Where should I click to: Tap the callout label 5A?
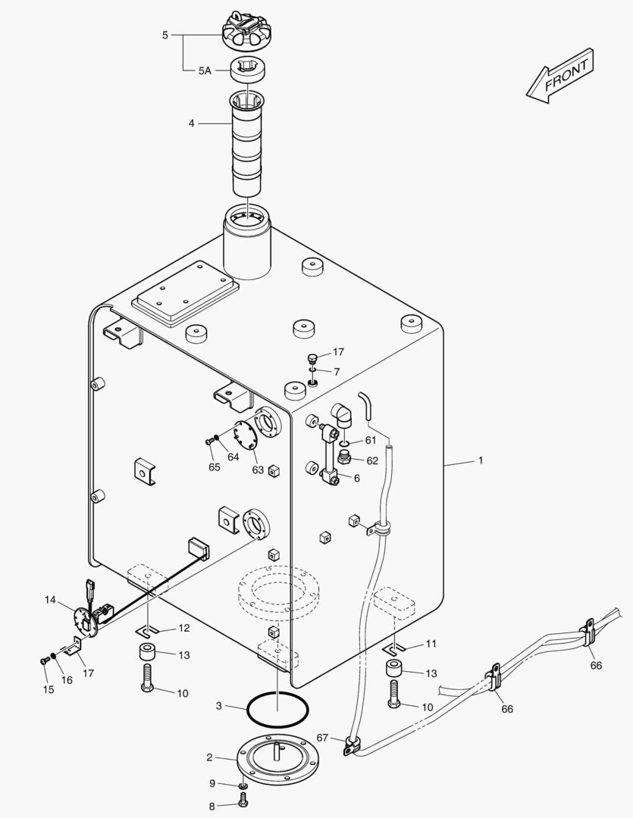(205, 70)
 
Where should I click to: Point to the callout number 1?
(479, 461)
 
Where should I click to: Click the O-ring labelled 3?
(277, 710)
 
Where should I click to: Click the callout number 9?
(212, 783)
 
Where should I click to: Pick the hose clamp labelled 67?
(350, 744)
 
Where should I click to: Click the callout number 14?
(50, 600)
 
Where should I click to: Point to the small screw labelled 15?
(44, 660)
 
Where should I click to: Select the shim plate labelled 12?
(149, 630)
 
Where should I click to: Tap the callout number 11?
(431, 644)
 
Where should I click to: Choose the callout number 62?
(371, 461)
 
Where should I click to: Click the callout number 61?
(370, 440)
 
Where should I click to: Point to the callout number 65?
(215, 467)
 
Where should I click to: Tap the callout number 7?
(337, 371)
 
